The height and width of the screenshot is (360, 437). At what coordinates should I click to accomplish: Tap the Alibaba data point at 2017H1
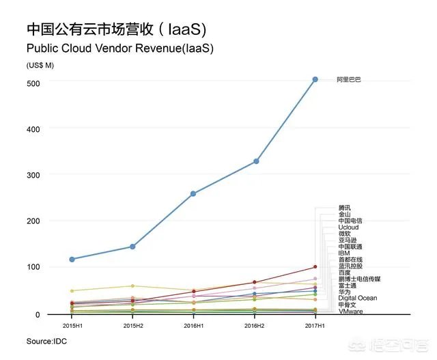click(315, 80)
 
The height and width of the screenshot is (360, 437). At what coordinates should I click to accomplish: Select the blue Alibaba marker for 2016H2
click(256, 161)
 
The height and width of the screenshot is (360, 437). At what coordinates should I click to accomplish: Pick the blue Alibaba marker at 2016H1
click(193, 194)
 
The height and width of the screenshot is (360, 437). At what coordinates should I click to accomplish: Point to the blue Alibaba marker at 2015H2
click(132, 247)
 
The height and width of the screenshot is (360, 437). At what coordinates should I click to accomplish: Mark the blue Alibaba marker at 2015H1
click(72, 260)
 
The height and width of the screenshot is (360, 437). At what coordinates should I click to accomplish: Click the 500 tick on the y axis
click(33, 83)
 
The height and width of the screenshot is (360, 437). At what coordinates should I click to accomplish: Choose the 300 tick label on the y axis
click(33, 175)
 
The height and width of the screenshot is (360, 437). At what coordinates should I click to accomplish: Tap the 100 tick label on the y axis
click(33, 267)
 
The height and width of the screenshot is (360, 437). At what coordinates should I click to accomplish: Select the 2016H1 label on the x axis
click(193, 326)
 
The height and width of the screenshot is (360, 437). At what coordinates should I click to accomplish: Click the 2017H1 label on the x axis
click(315, 326)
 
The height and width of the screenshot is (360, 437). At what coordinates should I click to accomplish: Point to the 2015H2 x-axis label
click(132, 326)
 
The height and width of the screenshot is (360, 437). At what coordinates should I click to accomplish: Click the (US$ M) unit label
click(40, 65)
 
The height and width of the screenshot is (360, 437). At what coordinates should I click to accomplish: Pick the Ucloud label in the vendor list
click(348, 227)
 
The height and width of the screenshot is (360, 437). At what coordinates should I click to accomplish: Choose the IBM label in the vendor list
click(344, 253)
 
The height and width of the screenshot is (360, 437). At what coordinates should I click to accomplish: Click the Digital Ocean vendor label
click(357, 298)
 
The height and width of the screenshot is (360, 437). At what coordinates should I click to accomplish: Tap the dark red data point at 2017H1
click(315, 266)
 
